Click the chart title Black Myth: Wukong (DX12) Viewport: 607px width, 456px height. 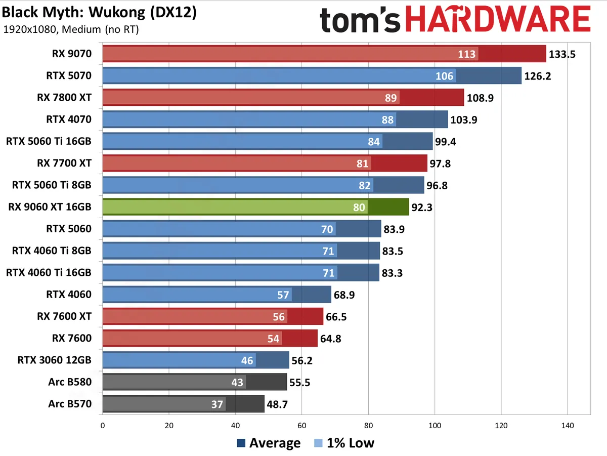click(x=99, y=13)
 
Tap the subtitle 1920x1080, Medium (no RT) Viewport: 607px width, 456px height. click(x=71, y=29)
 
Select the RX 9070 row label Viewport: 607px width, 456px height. click(x=71, y=54)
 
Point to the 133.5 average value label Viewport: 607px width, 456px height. click(x=562, y=54)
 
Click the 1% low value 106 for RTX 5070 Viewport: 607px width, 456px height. click(x=445, y=76)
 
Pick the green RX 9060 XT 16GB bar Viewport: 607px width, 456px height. click(x=255, y=207)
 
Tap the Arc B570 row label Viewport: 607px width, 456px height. click(x=70, y=404)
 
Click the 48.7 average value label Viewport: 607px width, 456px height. click(x=279, y=404)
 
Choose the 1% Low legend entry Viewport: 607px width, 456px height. click(x=344, y=443)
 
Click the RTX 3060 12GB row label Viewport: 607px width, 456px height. click(x=54, y=360)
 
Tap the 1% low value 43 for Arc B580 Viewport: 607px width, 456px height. click(x=237, y=382)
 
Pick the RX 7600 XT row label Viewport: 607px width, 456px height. click(x=64, y=316)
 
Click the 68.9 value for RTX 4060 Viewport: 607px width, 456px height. click(x=346, y=295)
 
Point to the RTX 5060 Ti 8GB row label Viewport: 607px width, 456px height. click(x=52, y=185)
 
